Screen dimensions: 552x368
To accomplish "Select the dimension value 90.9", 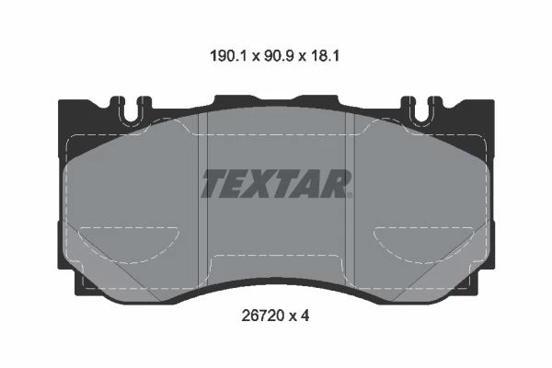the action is click(279, 56).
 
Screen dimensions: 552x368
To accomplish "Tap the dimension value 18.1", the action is click(325, 56).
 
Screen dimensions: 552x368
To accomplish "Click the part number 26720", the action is click(262, 316).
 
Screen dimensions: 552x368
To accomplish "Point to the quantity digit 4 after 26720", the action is click(305, 316).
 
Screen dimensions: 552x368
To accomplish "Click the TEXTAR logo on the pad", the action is click(276, 183).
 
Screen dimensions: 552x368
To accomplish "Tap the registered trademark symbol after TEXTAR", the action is click(349, 194).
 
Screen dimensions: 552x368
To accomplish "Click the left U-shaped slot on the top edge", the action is click(131, 109).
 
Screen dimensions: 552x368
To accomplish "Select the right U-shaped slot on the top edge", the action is click(421, 109).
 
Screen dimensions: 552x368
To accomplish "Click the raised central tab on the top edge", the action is click(276, 100).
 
